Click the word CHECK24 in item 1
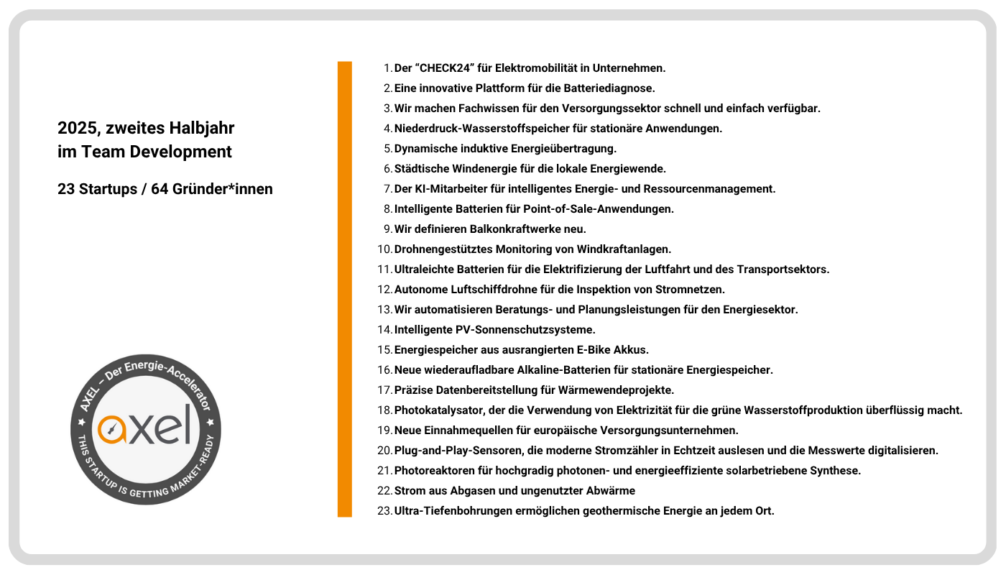pyautogui.click(x=445, y=68)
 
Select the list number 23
pyautogui.click(x=384, y=511)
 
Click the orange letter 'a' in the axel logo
pyautogui.click(x=112, y=429)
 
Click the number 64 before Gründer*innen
pyautogui.click(x=160, y=190)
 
